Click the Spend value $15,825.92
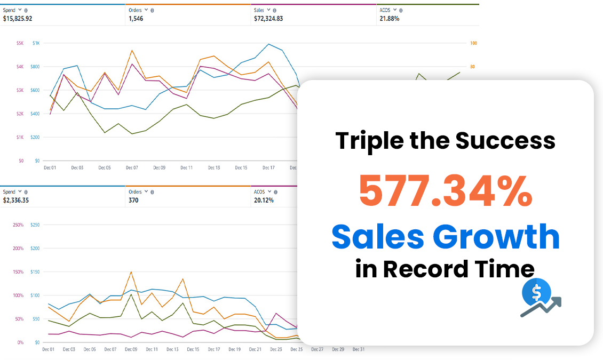(x=18, y=18)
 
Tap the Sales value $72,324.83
(x=269, y=18)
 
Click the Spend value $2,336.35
(x=16, y=201)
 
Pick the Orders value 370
(x=133, y=201)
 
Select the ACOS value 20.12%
(x=264, y=201)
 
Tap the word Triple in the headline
(x=366, y=141)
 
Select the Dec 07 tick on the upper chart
(x=132, y=167)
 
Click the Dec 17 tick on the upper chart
(x=268, y=167)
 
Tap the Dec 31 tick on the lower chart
(x=359, y=349)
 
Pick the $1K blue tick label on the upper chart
(x=36, y=43)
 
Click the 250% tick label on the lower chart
(x=18, y=225)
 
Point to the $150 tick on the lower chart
(x=36, y=272)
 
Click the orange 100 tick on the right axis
(x=473, y=43)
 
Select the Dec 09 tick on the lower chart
(x=131, y=349)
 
